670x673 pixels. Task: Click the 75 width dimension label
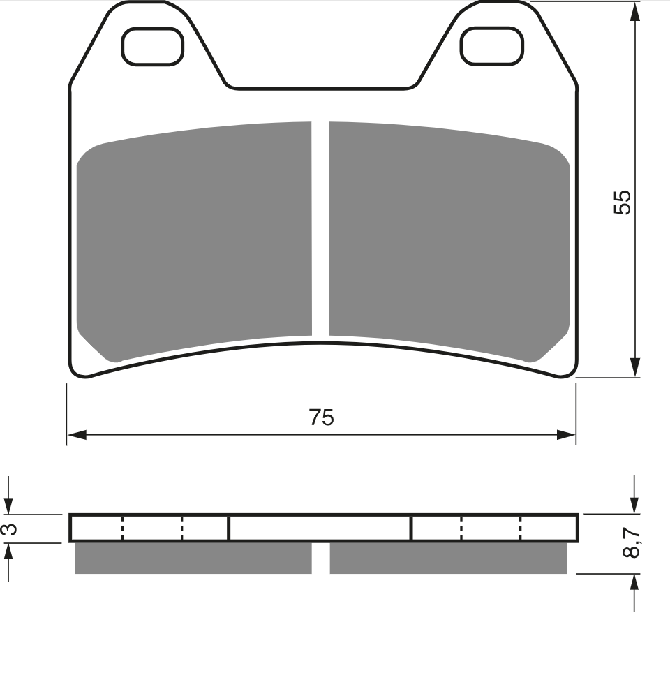pyautogui.click(x=321, y=417)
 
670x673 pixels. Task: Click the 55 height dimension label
pyautogui.click(x=623, y=202)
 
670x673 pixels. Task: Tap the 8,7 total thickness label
pyautogui.click(x=630, y=542)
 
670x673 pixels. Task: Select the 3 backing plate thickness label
pyautogui.click(x=9, y=528)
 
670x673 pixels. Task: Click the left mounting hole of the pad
pyautogui.click(x=152, y=46)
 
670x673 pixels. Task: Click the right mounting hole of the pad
pyautogui.click(x=492, y=46)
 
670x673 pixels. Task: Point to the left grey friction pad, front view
pyautogui.click(x=194, y=240)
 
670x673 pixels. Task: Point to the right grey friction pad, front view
pyautogui.click(x=449, y=240)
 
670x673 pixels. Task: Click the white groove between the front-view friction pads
pyautogui.click(x=320, y=228)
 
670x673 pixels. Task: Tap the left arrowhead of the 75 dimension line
pyautogui.click(x=77, y=435)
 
